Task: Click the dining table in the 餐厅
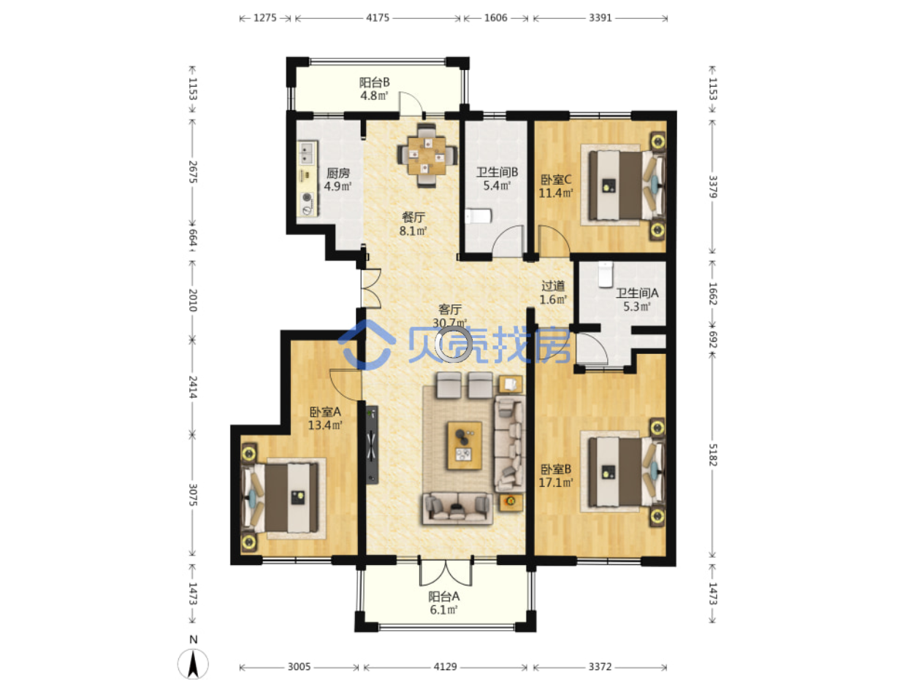[x=426, y=155]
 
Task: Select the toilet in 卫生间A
[x=606, y=274]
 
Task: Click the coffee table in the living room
[x=464, y=445]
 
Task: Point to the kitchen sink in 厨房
[x=307, y=153]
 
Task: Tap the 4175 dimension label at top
[x=377, y=18]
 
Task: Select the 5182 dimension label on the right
[x=712, y=454]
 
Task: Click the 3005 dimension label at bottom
[x=299, y=666]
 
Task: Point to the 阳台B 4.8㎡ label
[x=374, y=89]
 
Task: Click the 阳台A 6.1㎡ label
[x=443, y=603]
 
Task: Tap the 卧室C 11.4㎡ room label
[x=556, y=186]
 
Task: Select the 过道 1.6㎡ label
[x=553, y=292]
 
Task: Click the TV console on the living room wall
[x=372, y=445]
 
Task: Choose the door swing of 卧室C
[x=554, y=240]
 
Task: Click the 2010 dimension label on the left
[x=192, y=300]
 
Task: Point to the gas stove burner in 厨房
[x=307, y=197]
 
